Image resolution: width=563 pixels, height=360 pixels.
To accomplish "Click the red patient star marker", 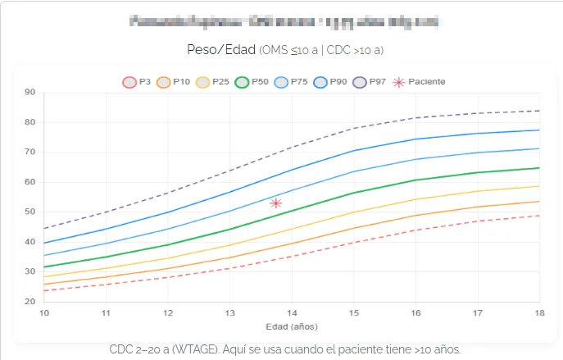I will pyautogui.click(x=276, y=203).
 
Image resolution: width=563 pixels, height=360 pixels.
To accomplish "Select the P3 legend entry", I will pyautogui.click(x=137, y=82).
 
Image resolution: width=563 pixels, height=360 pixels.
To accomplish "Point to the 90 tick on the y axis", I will pyautogui.click(x=30, y=93).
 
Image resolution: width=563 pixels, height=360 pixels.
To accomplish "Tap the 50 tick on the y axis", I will pyautogui.click(x=30, y=212).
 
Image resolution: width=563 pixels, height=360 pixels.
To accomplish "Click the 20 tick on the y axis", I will pyautogui.click(x=30, y=301).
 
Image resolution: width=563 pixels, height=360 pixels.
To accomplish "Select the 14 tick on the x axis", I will pyautogui.click(x=291, y=312).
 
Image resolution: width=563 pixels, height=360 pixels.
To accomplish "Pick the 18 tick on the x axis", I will pyautogui.click(x=538, y=312).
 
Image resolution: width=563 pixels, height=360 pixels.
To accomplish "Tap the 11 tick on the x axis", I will pyautogui.click(x=105, y=312).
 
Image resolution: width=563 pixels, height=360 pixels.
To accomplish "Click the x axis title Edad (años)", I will pyautogui.click(x=291, y=326).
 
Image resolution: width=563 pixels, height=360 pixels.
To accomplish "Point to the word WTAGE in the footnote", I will pyautogui.click(x=231, y=349).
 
